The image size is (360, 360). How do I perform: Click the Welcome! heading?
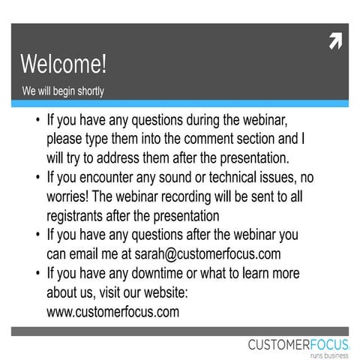64,64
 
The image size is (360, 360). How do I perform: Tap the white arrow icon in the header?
335,42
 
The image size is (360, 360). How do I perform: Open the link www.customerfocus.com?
112,311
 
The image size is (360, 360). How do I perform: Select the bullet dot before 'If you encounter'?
37,177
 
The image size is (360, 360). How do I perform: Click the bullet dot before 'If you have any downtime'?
37,274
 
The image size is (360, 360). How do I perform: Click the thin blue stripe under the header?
180,103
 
